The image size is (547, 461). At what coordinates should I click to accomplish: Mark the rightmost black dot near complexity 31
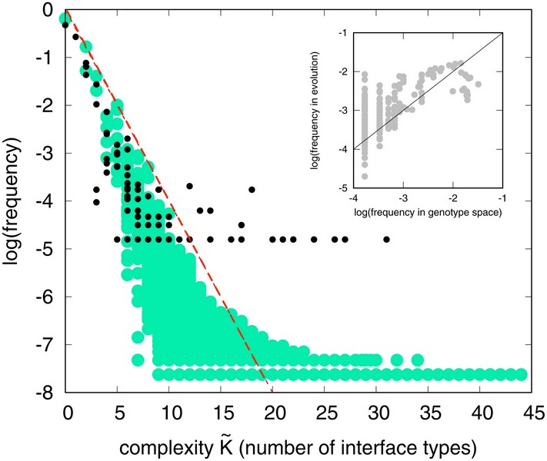click(x=386, y=239)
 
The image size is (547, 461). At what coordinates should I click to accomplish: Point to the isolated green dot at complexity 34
click(x=418, y=360)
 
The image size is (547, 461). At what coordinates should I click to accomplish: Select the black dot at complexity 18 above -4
click(x=252, y=189)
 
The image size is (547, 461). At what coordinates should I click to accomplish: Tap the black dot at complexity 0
click(x=65, y=25)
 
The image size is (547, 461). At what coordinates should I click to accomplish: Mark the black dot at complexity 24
click(x=314, y=239)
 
